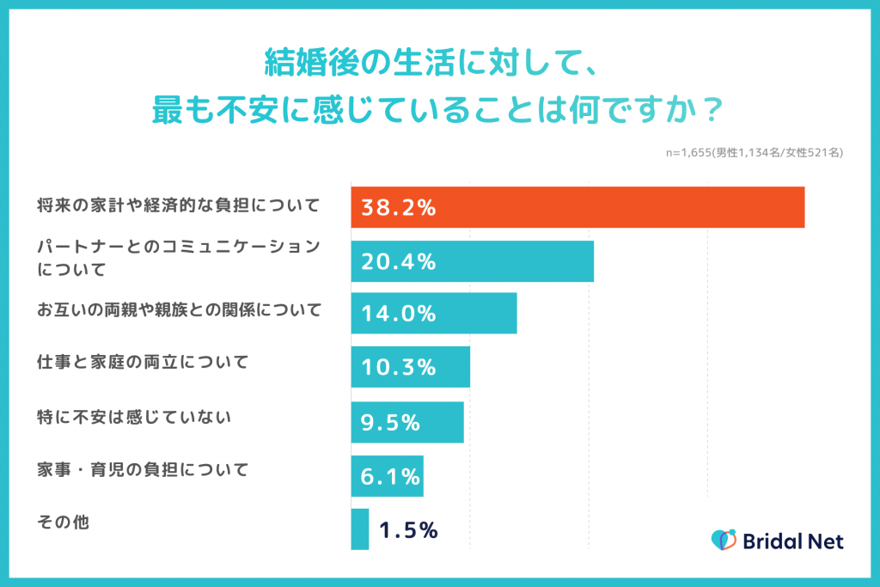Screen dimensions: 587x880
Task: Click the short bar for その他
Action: [x=360, y=529]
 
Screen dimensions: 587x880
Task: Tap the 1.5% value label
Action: [x=408, y=530]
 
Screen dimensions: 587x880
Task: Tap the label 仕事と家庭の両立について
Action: [x=143, y=362]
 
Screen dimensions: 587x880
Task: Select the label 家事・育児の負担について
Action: [x=143, y=470]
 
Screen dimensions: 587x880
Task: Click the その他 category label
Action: [x=64, y=522]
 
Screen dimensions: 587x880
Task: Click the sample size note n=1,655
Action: [x=755, y=152]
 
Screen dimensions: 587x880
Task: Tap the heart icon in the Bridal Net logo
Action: [x=724, y=540]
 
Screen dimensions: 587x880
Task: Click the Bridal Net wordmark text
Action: [x=792, y=541]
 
